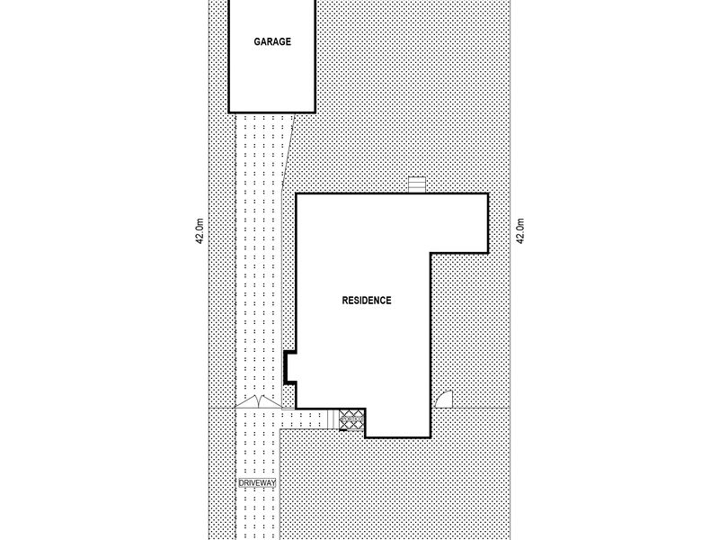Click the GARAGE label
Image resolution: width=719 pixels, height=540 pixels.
coord(271,41)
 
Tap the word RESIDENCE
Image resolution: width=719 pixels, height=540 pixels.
coord(366,301)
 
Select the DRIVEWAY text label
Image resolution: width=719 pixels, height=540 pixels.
coord(257,483)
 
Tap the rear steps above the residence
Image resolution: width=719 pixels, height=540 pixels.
coord(416,184)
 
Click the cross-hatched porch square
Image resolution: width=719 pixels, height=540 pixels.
coord(351,418)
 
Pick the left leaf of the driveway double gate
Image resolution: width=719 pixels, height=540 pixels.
coord(245,403)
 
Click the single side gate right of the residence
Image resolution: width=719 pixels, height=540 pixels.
coord(443,401)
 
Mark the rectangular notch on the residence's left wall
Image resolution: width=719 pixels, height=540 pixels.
coord(289,367)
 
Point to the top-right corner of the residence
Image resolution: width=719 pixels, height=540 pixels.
coord(487,194)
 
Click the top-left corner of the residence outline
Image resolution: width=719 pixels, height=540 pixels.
coord(297,194)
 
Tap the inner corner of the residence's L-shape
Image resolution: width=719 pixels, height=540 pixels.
coord(431,252)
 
